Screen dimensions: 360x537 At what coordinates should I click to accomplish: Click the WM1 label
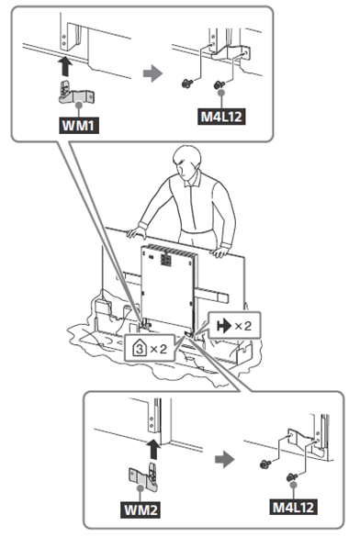tap(79, 126)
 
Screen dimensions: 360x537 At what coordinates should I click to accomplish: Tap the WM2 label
tap(141, 510)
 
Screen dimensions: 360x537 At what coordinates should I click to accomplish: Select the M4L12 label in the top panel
tap(221, 117)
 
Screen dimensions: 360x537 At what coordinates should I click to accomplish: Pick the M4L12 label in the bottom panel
tap(293, 507)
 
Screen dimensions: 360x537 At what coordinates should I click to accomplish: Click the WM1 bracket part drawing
tap(75, 93)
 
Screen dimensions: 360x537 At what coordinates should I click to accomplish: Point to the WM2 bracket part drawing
tap(143, 475)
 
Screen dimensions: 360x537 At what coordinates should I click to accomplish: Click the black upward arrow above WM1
tap(64, 66)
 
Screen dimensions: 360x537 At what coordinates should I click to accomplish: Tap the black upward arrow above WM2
tap(153, 449)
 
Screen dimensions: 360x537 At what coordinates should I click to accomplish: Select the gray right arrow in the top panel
tap(152, 73)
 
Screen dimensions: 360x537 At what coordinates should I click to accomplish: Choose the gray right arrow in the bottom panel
tap(225, 459)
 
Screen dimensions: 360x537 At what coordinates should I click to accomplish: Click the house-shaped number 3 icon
tap(140, 349)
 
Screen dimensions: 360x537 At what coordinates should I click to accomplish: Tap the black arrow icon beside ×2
tap(224, 326)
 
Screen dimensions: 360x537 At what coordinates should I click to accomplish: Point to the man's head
tap(186, 162)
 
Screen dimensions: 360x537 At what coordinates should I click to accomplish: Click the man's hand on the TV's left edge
tap(136, 232)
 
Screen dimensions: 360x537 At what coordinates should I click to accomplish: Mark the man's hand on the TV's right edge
tap(219, 251)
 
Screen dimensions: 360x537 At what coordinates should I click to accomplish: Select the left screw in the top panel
tap(186, 84)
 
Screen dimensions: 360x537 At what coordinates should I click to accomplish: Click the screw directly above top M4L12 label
tap(219, 84)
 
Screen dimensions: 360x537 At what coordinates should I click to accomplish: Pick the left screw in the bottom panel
tap(265, 464)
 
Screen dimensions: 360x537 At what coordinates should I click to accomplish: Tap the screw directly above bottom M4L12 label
tap(291, 477)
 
